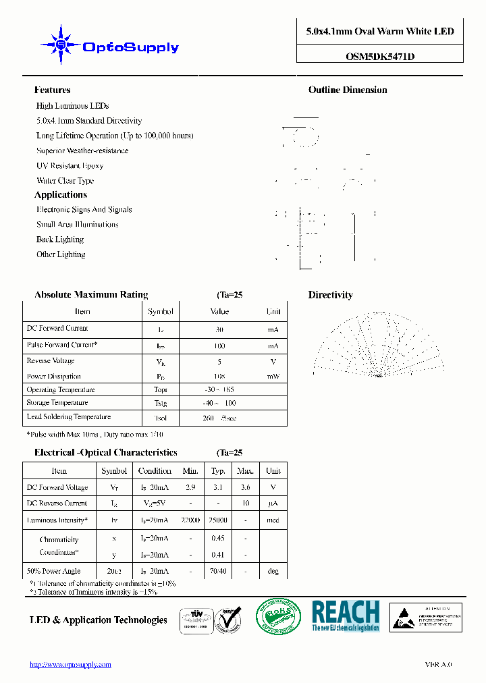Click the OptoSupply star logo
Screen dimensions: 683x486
[x=61, y=45]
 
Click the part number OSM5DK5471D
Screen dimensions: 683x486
[x=380, y=57]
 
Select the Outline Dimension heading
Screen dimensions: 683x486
[x=348, y=90]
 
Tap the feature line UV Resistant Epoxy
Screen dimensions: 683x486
[x=70, y=165]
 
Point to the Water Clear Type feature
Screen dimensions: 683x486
[x=65, y=180]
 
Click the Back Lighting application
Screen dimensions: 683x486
[x=60, y=240]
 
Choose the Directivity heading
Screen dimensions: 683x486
[x=330, y=295]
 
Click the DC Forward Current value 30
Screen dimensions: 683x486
[x=219, y=330]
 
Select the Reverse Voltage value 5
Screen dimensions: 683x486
[x=219, y=361]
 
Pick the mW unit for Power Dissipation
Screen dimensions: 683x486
[x=273, y=377]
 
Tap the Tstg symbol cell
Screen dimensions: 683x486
[x=160, y=404]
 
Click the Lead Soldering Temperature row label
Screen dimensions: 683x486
[x=68, y=417]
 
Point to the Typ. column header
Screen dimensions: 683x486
[x=218, y=471]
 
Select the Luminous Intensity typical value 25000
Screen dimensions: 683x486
[x=218, y=521]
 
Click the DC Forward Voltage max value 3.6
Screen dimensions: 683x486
[x=245, y=487]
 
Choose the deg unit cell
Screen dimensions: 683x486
[x=273, y=572]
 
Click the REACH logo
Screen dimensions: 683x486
[x=346, y=616]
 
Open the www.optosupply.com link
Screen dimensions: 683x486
[x=70, y=665]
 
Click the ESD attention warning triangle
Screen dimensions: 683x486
[x=403, y=617]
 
